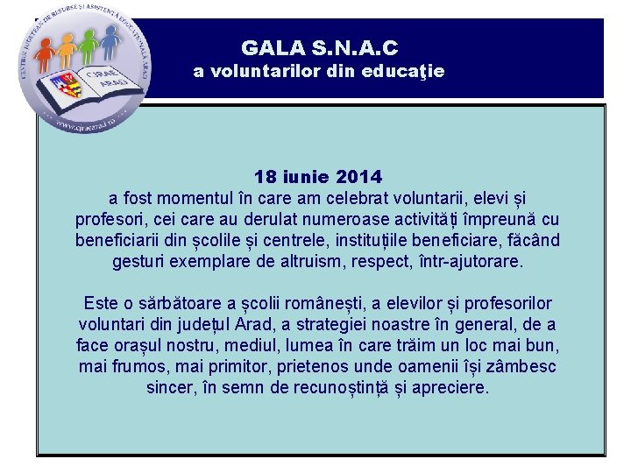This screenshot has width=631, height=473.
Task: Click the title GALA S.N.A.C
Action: pyautogui.click(x=319, y=48)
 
